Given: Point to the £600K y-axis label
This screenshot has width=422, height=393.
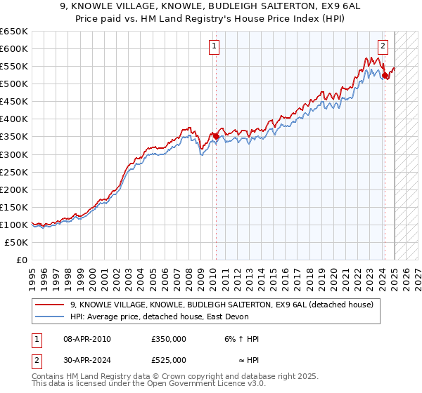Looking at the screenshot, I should [14, 48].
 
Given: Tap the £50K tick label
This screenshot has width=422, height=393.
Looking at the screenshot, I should [17, 242].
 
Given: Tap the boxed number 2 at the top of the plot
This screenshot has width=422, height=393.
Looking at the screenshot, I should [383, 47].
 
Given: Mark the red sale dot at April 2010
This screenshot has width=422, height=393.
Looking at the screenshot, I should [216, 136].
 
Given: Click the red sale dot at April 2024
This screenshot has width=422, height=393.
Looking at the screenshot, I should [385, 75].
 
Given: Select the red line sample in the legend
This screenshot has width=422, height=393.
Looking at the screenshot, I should [50, 305].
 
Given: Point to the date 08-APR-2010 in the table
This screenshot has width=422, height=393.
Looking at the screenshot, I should [87, 339].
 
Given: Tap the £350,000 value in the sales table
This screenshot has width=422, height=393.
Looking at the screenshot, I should [169, 339].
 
